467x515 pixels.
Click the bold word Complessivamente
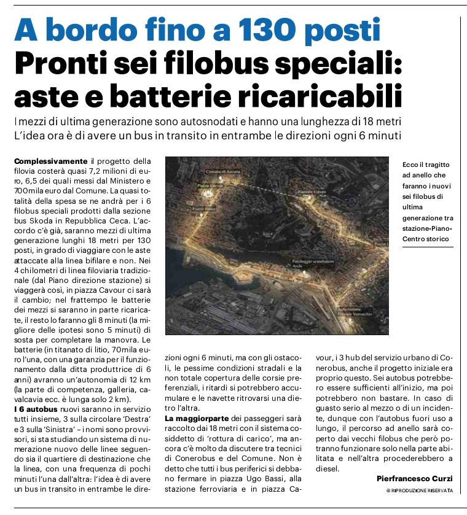pyautogui.click(x=50, y=161)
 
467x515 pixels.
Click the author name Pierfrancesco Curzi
pyautogui.click(x=414, y=478)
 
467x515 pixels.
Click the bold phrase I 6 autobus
pyautogui.click(x=31, y=409)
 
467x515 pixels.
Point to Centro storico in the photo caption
pyautogui.click(x=425, y=238)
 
